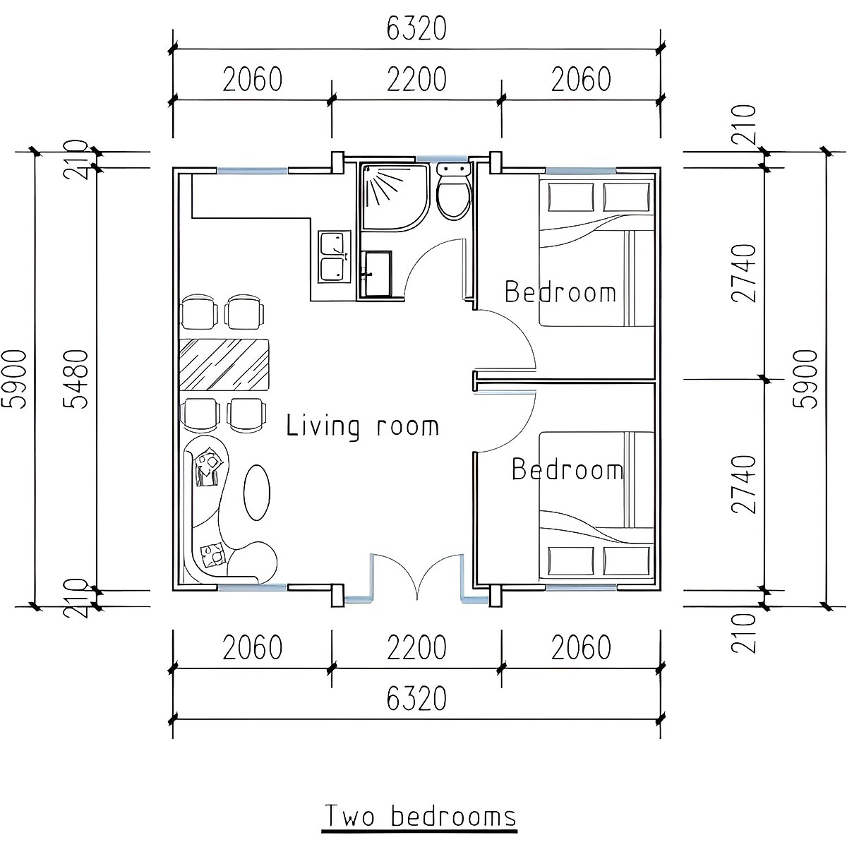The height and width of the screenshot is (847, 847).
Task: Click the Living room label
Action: (362, 426)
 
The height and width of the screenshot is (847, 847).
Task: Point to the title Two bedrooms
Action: (420, 817)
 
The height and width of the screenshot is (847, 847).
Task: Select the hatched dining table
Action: (226, 364)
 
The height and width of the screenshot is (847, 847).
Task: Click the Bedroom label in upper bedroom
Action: (560, 292)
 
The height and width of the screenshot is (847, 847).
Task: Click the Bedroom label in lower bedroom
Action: (567, 469)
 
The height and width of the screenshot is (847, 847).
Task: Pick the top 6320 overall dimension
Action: (416, 29)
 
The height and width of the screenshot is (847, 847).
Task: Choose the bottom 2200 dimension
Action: (416, 647)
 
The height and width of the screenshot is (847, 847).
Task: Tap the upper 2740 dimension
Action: (744, 272)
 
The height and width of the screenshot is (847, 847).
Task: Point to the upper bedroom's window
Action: (580, 171)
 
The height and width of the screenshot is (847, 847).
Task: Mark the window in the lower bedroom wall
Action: (580, 587)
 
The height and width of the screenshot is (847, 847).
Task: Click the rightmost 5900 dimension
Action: (806, 378)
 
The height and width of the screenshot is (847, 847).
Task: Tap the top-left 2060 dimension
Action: (252, 80)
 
